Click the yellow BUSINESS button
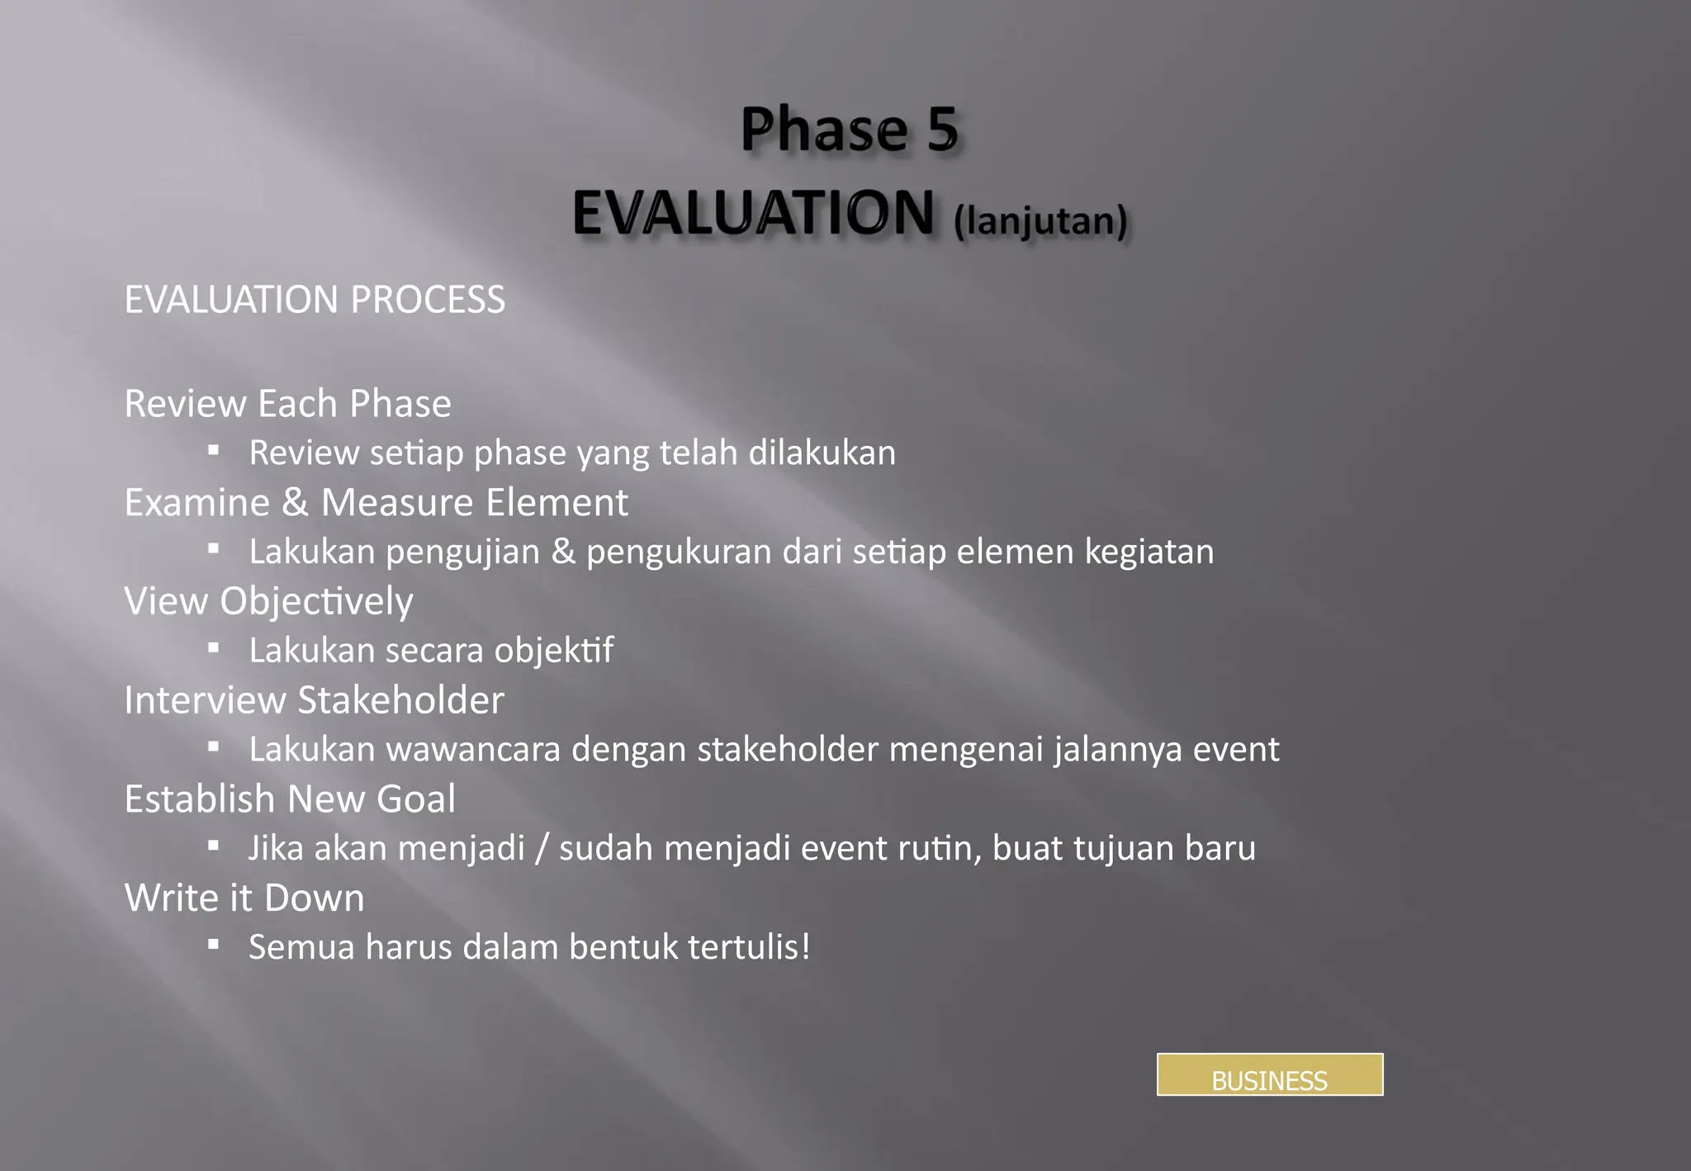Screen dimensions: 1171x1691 pyautogui.click(x=1269, y=1074)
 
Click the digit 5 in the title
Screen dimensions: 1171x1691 pyautogui.click(x=942, y=130)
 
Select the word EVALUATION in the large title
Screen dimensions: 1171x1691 pyautogui.click(x=753, y=213)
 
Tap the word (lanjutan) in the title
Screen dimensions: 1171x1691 pyautogui.click(x=1040, y=221)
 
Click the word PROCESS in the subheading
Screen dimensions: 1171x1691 pyautogui.click(x=428, y=299)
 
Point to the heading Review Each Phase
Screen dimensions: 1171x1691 pyautogui.click(x=287, y=404)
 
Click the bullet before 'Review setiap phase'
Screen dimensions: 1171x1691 pyautogui.click(x=214, y=450)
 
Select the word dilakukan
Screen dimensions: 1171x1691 pyautogui.click(x=822, y=453)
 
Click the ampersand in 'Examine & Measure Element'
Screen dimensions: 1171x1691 pyautogui.click(x=295, y=502)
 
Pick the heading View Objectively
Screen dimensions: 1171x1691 pyautogui.click(x=268, y=601)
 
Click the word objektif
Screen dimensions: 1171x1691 pyautogui.click(x=553, y=651)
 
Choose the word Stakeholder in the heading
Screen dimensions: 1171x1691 pyautogui.click(x=400, y=700)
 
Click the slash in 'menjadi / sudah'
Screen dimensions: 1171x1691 pyautogui.click(x=542, y=849)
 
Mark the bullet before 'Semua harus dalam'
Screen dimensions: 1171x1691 pyautogui.click(x=214, y=944)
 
